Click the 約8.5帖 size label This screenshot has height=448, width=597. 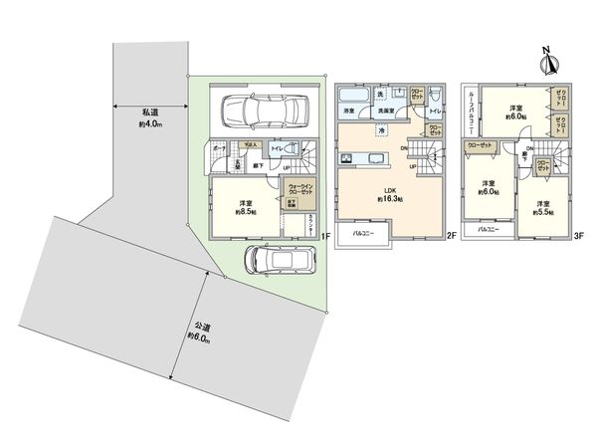(x=246, y=212)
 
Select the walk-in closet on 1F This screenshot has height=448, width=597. (x=300, y=189)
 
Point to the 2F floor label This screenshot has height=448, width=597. (x=451, y=236)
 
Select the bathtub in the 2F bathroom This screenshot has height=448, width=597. (x=352, y=96)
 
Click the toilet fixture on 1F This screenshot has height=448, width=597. (x=291, y=150)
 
